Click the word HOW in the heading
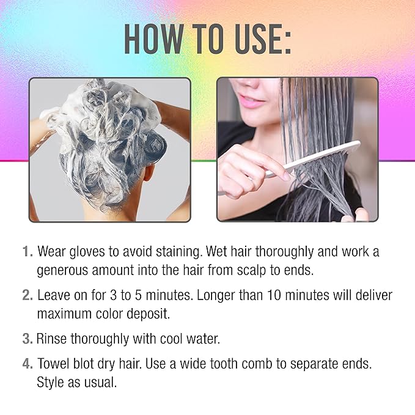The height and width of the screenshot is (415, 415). (153, 39)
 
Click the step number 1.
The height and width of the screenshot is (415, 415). (28, 251)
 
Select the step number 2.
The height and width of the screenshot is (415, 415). (28, 295)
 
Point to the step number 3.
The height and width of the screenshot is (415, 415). (28, 339)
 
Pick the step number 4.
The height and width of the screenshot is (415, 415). (28, 364)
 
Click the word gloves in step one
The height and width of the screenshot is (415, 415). (87, 252)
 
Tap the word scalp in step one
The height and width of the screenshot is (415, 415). (251, 271)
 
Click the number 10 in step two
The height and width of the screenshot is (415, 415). (274, 295)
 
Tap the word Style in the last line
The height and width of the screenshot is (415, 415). (51, 383)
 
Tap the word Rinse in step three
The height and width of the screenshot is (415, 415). (51, 339)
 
